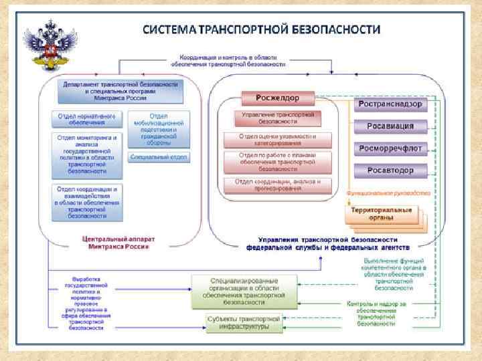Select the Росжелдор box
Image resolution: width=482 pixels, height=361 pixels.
coord(278,98)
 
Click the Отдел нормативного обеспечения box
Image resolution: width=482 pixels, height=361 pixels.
coord(88,119)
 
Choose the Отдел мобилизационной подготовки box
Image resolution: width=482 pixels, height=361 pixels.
coord(159,129)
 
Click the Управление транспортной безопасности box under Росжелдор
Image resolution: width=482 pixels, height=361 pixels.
coord(278,118)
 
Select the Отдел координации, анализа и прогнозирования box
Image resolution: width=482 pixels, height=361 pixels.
coord(278,185)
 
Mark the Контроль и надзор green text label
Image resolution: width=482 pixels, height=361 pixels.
coord(384,313)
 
